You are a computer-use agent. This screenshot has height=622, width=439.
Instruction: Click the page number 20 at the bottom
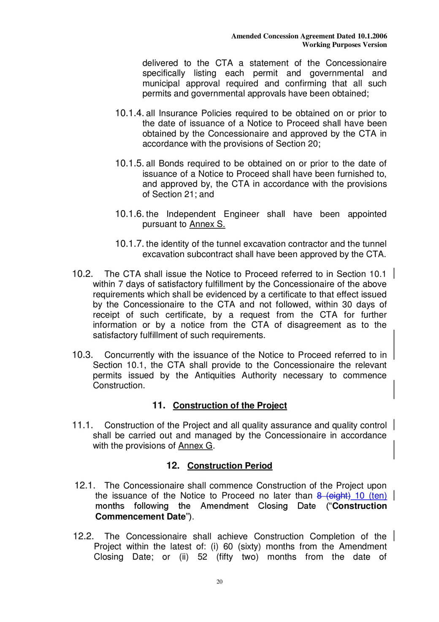[x=219, y=582]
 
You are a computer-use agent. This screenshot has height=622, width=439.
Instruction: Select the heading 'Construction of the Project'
[x=230, y=406]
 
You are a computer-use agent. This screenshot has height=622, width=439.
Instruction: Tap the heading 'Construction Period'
[x=230, y=466]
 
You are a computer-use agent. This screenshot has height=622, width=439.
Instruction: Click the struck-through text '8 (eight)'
[x=333, y=496]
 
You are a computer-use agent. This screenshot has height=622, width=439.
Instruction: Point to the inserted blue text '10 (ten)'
[x=371, y=496]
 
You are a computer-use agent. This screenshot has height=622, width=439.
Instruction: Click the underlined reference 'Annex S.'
[x=207, y=225]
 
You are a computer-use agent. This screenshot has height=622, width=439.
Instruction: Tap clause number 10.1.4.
[x=129, y=113]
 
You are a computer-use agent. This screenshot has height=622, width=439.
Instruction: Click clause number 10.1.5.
[x=129, y=164]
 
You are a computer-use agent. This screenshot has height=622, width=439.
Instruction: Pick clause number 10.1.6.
[x=129, y=214]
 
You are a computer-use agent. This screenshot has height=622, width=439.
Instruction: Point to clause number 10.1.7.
[x=129, y=244]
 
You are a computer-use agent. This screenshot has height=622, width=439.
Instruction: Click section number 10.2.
[x=82, y=274]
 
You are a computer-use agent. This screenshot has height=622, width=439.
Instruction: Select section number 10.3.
[x=82, y=355]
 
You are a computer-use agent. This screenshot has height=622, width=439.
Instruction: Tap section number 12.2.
[x=83, y=537]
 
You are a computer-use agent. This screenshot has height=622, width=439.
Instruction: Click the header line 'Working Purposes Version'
[x=344, y=45]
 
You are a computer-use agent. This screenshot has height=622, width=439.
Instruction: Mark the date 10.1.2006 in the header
[x=372, y=36]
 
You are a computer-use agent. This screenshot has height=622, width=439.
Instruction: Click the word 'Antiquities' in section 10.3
[x=215, y=375]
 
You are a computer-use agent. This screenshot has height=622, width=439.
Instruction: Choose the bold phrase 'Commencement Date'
[x=140, y=517]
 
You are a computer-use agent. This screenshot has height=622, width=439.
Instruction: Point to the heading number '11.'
[x=159, y=406]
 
